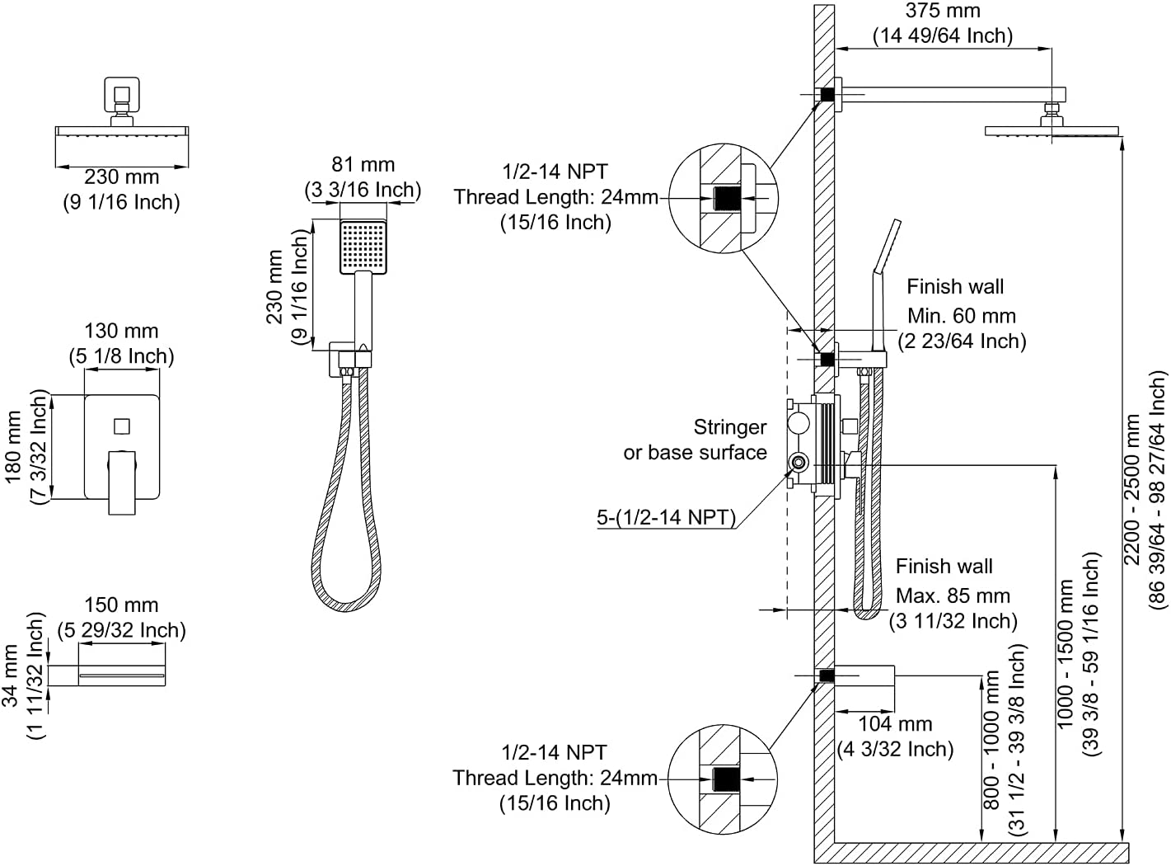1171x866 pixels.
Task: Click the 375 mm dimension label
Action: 943,11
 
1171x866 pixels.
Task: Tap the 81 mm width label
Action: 363,165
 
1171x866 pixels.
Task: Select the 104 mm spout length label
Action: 895,724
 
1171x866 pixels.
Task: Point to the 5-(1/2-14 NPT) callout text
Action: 667,517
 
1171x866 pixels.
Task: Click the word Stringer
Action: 729,427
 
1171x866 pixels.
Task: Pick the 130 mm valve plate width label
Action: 121,332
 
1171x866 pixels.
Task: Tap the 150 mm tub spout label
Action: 121,605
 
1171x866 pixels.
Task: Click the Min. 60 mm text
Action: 962,316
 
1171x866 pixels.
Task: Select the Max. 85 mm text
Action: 953,596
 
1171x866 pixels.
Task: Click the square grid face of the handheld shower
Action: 363,247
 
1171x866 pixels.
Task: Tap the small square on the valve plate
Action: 122,426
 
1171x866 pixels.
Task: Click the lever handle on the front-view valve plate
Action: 122,482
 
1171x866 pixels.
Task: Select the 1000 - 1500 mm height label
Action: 1065,653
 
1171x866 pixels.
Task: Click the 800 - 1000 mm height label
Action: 991,740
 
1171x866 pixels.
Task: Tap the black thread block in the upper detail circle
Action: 727,199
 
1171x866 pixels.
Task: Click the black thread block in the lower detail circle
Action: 726,779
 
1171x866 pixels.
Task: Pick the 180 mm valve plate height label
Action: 12,447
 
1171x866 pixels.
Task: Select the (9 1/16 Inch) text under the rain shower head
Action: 121,202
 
